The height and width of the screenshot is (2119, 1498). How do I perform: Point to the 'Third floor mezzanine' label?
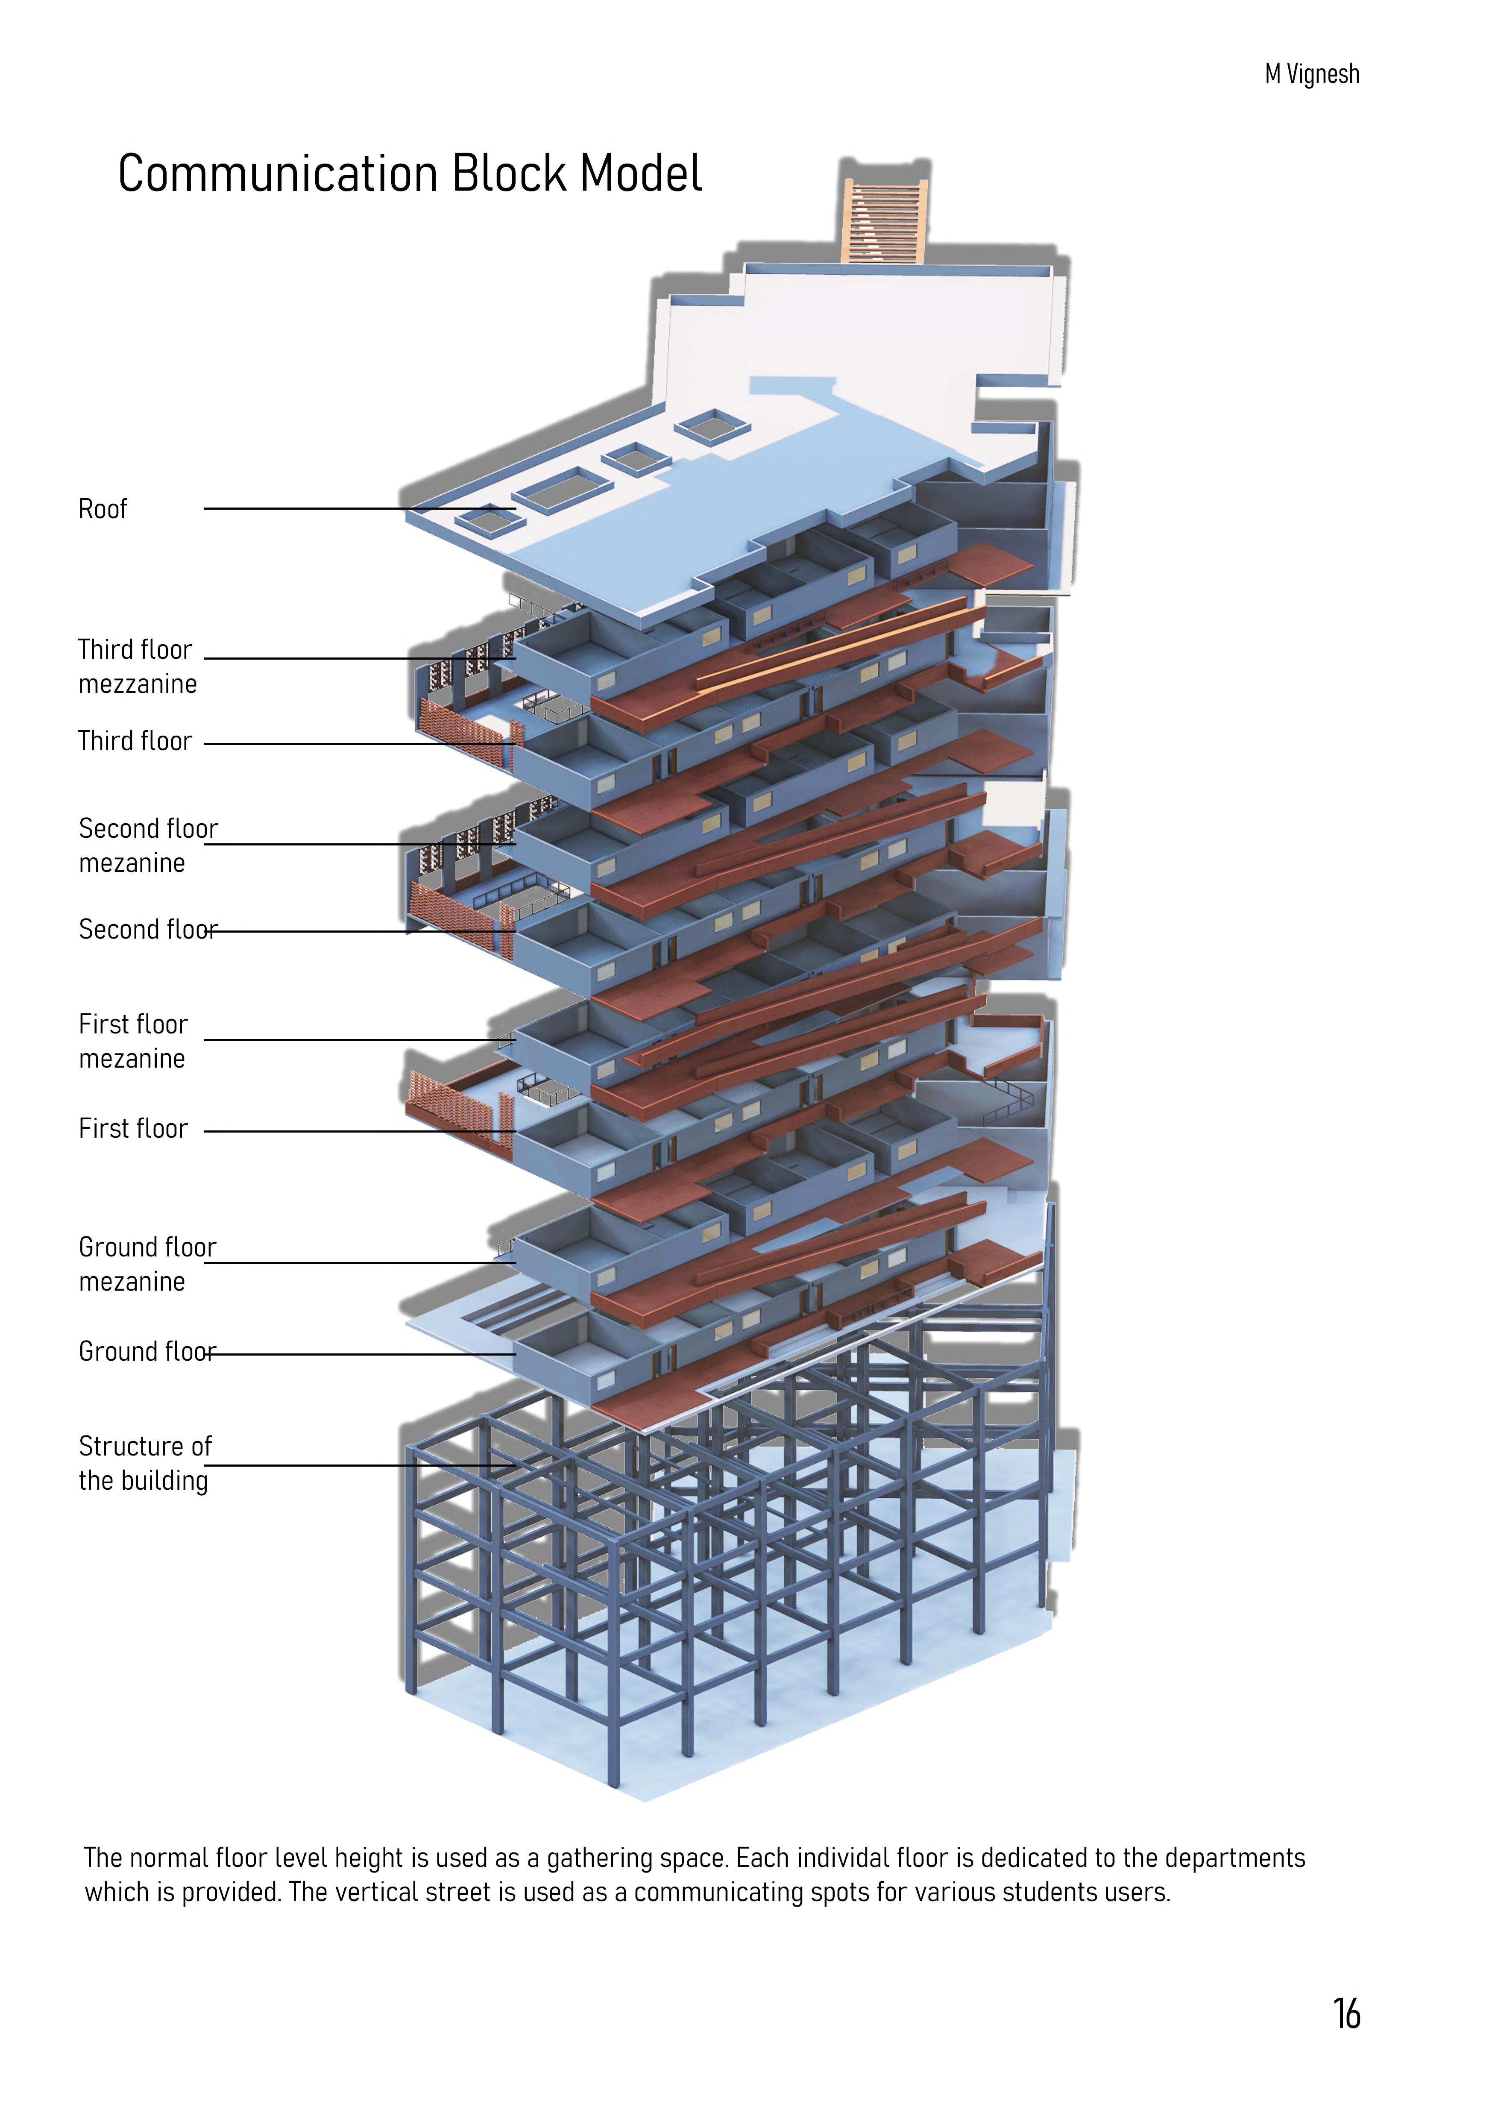[137, 666]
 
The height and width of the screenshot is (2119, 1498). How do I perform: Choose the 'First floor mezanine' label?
[133, 1041]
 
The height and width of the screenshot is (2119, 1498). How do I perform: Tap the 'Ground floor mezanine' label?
[147, 1265]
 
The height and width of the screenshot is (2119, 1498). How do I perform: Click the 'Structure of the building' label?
[144, 1463]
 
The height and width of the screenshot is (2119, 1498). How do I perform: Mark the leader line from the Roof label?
[360, 508]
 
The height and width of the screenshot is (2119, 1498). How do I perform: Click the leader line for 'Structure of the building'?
[360, 1465]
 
